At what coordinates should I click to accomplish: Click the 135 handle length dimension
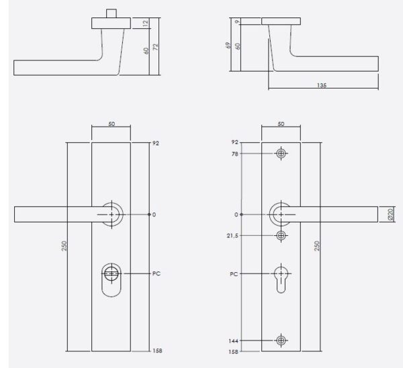tap(322, 85)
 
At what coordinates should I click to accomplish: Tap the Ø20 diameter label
tap(390, 214)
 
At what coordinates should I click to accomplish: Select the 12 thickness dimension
tap(146, 23)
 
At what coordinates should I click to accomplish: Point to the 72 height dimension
tap(156, 47)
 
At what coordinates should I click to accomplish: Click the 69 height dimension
tap(228, 46)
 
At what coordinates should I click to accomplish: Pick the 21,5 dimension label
tap(232, 236)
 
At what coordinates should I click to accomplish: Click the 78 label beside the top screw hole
tap(235, 154)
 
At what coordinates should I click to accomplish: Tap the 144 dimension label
tap(233, 341)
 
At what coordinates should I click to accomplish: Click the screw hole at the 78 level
tap(281, 154)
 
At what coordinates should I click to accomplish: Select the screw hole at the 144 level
tap(281, 341)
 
